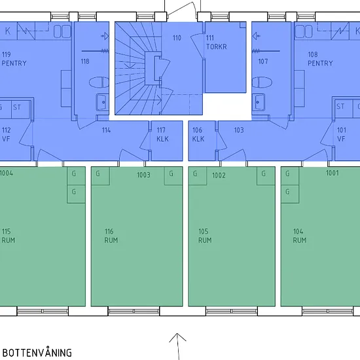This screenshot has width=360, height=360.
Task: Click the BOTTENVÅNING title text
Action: coord(37,353)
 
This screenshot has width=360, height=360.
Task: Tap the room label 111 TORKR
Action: coord(216,43)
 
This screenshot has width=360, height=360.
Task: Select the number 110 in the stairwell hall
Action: coord(177,38)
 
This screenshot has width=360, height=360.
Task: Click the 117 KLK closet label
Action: coord(162,135)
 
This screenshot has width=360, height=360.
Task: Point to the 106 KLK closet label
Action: coord(198,135)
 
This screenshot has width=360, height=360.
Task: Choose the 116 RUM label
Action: coord(111,236)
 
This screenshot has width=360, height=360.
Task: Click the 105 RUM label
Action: coord(205,236)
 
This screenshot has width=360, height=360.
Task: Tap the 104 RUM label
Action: coord(300,236)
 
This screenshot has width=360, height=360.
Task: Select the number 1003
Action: coord(144,175)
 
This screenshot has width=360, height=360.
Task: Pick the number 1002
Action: coord(219,175)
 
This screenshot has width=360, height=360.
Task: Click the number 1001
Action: coord(333,173)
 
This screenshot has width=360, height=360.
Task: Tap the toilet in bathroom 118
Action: coord(99,82)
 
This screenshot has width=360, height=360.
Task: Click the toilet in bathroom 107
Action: coord(262,82)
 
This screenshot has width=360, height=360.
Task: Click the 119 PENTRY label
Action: coord(14,59)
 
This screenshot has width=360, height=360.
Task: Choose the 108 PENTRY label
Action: coord(320,59)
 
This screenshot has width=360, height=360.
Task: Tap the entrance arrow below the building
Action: coord(177,346)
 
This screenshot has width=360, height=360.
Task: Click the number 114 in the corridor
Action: coord(106,130)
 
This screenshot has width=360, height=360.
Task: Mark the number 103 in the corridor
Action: coord(239,130)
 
